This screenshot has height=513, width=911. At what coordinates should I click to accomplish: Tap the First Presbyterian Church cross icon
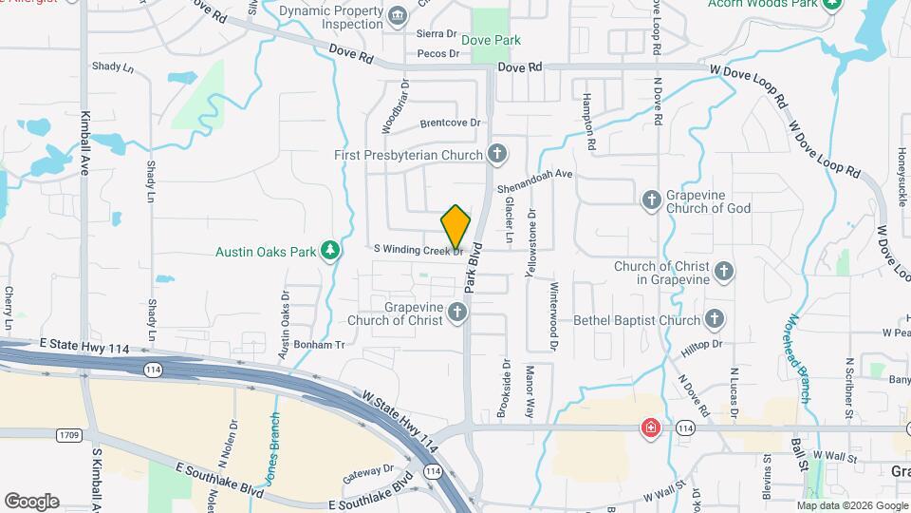[x=496, y=154]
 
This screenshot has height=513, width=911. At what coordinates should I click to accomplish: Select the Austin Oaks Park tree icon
[x=330, y=250]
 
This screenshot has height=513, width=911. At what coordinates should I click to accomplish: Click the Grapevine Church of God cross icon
[x=651, y=200]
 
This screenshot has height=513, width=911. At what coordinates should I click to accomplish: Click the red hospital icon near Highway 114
[x=650, y=427]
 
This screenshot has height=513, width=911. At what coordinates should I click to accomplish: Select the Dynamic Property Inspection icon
[x=398, y=15]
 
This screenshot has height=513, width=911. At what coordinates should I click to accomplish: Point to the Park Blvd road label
[x=475, y=268]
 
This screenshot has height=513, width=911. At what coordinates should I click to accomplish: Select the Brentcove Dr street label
[x=451, y=123]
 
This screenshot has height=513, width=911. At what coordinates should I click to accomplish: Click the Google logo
[x=31, y=501]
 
